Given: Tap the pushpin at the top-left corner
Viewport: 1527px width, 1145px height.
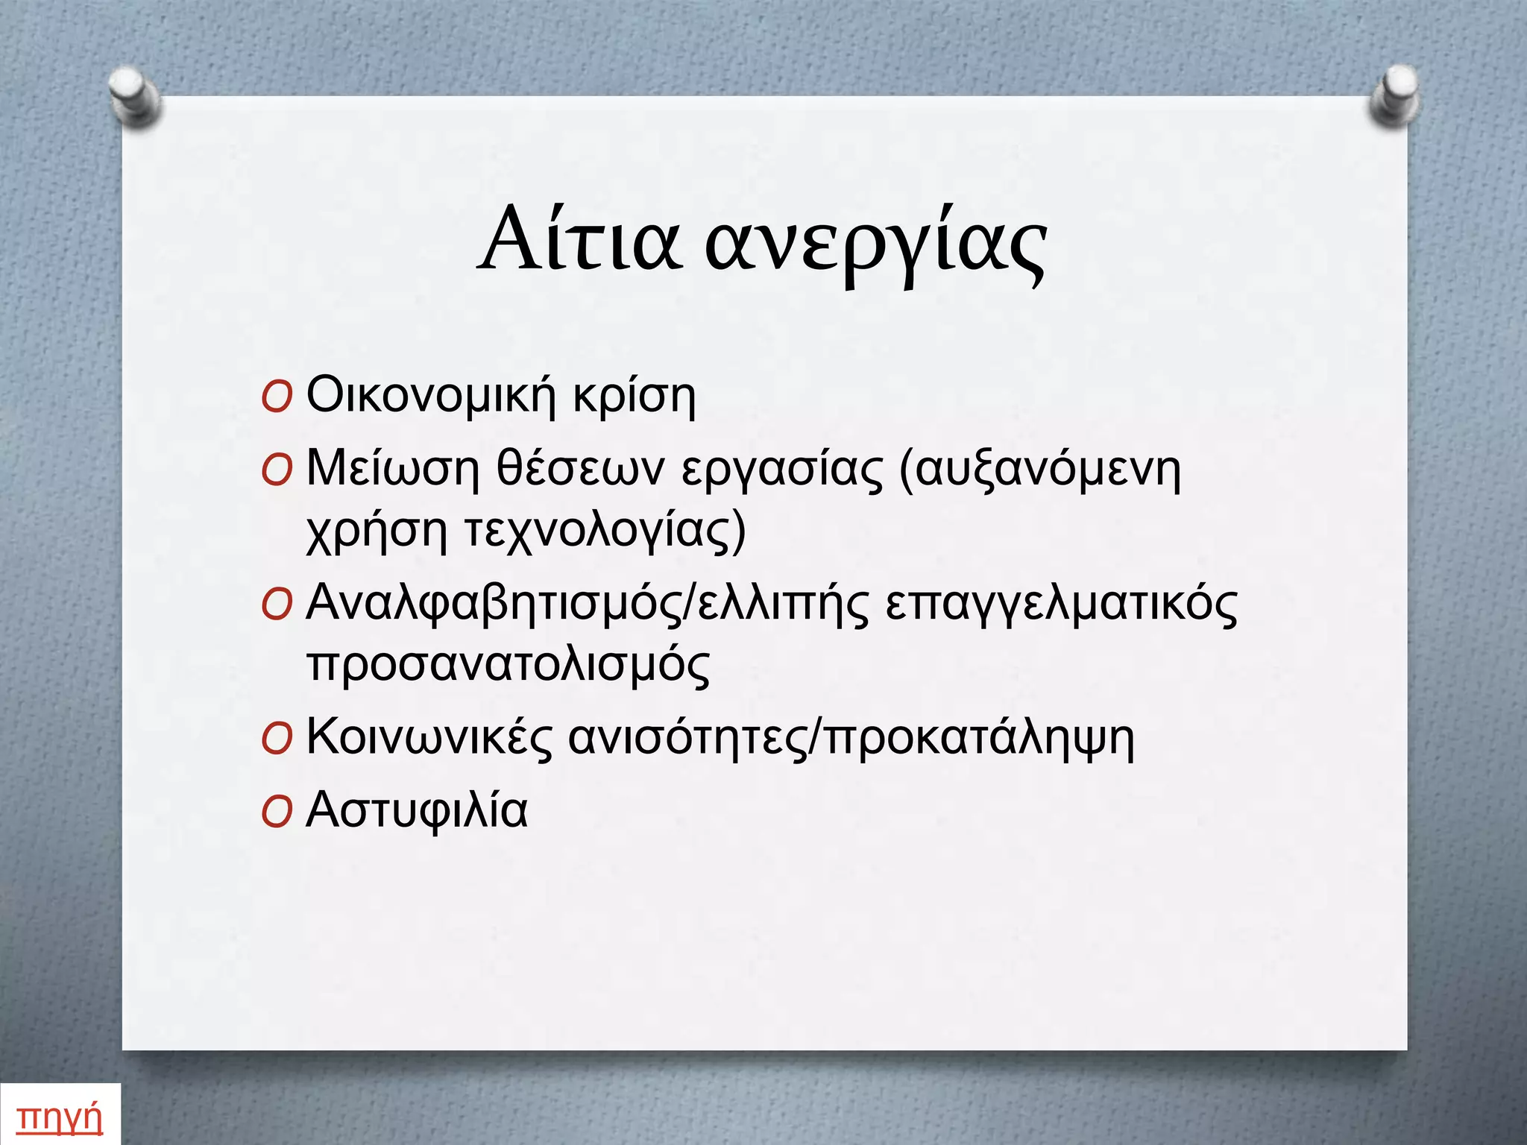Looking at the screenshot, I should [x=134, y=96].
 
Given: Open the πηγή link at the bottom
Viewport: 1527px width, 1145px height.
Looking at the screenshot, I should [x=59, y=1117].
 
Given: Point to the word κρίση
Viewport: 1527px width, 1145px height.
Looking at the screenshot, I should [x=634, y=397].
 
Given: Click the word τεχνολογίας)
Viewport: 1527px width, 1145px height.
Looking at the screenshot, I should [x=605, y=531].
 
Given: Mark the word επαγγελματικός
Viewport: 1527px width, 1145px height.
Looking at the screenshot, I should [x=1061, y=604].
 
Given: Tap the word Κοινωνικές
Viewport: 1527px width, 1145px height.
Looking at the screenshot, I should [x=429, y=738].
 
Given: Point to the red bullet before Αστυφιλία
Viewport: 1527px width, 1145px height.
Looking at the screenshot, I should [x=277, y=813].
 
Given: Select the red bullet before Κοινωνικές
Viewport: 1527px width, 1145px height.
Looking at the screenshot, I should [x=277, y=739].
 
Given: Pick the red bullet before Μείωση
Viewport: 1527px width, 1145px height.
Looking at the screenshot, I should [x=277, y=471].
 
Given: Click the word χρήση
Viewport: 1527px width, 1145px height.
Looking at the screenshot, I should [x=377, y=531].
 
